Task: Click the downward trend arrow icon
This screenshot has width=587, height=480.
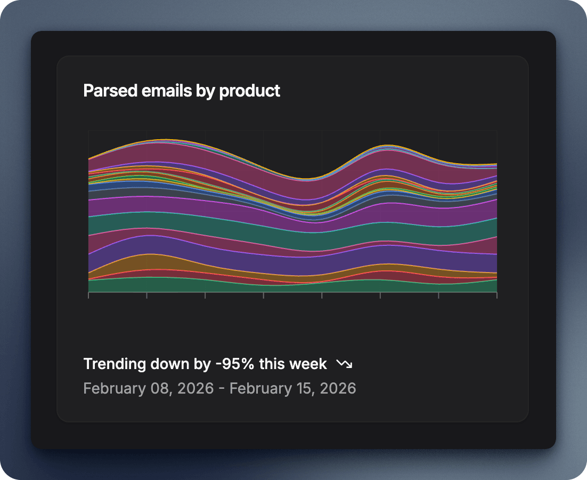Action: [344, 364]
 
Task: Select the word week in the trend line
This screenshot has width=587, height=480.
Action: [308, 364]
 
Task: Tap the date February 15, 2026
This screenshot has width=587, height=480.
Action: [292, 388]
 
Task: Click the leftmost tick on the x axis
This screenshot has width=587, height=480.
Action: [88, 295]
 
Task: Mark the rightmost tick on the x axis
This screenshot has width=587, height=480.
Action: [496, 295]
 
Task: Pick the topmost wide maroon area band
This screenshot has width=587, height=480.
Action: [160, 151]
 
